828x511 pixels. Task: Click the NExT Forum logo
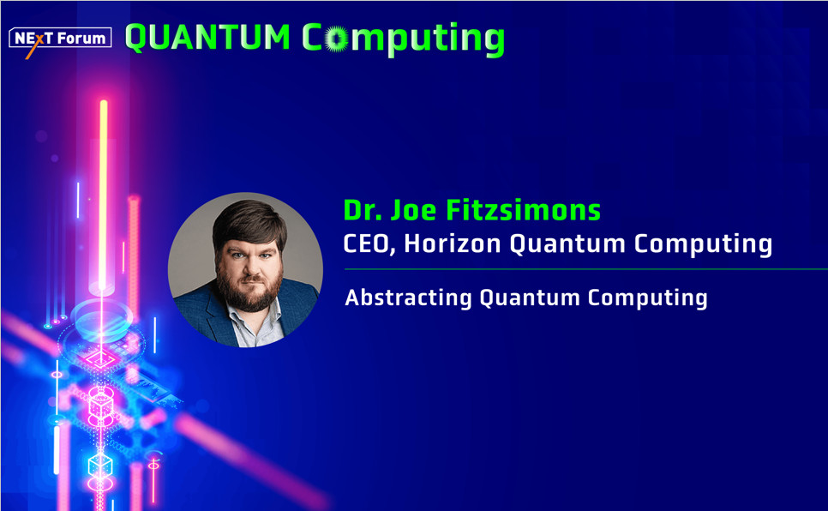(x=60, y=39)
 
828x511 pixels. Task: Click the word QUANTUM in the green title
(x=207, y=38)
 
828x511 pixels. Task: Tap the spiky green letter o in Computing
(x=336, y=39)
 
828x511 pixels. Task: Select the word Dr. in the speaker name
(x=363, y=210)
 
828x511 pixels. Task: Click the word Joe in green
(x=413, y=210)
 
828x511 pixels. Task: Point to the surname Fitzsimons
(x=524, y=210)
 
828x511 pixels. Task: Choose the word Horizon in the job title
(x=452, y=243)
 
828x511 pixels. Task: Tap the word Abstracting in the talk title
(x=408, y=298)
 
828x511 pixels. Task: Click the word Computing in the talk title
(x=647, y=298)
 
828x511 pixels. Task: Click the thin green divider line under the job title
(x=585, y=269)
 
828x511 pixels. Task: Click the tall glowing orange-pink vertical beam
(x=104, y=195)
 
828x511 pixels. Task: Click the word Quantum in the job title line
(x=567, y=243)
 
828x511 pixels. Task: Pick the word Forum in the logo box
(x=81, y=39)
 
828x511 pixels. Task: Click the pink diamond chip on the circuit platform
(x=100, y=359)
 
